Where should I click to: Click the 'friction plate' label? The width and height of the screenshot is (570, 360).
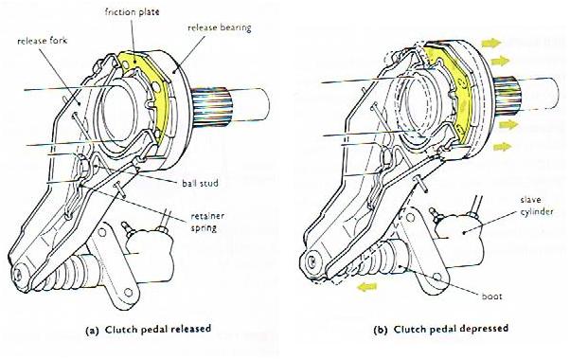[133, 12]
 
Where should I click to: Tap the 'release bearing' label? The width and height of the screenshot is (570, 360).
[220, 28]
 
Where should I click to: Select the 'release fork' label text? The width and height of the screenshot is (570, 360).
[43, 41]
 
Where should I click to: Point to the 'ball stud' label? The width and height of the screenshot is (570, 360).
[201, 183]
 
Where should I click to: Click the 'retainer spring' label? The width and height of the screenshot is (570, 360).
[207, 223]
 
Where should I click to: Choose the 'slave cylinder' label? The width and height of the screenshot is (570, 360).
[537, 206]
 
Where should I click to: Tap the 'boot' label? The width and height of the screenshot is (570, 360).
[491, 297]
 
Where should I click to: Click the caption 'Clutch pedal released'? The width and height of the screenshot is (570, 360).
[158, 330]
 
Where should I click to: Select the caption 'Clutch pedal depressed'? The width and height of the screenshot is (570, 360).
[451, 329]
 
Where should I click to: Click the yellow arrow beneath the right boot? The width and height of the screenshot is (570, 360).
[366, 287]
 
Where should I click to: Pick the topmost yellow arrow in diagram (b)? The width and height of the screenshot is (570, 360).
[491, 44]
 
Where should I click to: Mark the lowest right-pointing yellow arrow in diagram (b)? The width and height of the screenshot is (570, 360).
[503, 147]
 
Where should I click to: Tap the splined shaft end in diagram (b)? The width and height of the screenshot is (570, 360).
[508, 96]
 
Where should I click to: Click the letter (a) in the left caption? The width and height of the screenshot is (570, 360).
[92, 331]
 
